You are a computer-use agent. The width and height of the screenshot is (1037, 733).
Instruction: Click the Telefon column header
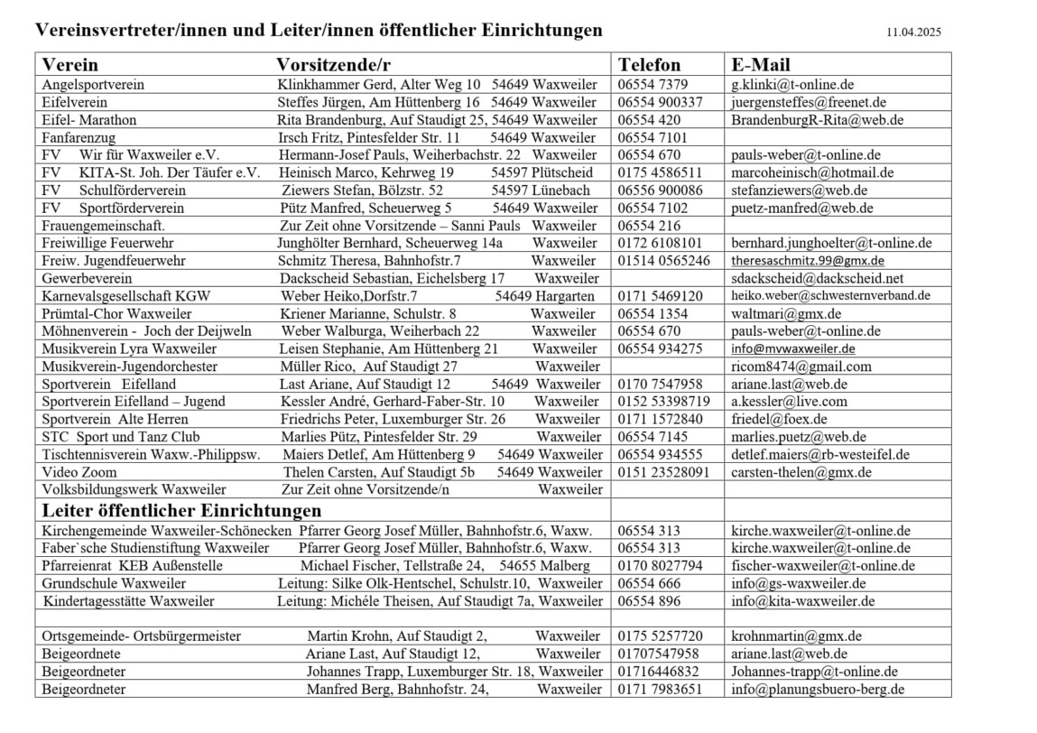pos(649,65)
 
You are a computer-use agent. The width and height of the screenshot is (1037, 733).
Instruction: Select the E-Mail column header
pos(760,65)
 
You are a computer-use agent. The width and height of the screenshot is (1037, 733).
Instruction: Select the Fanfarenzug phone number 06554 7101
pos(653,138)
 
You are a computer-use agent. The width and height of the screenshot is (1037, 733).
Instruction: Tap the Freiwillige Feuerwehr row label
pos(107,244)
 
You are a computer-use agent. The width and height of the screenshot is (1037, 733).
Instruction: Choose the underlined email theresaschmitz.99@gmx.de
pos(807,261)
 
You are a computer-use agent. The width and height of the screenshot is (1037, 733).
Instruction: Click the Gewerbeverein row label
pos(87,279)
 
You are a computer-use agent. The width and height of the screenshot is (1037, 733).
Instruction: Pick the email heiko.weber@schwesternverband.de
pos(830,296)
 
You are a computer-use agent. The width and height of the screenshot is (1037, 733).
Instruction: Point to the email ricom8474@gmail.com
pos(801,366)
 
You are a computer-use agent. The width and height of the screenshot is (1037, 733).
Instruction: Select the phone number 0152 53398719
pos(663,402)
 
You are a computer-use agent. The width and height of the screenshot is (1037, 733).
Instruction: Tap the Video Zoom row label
pos(79,472)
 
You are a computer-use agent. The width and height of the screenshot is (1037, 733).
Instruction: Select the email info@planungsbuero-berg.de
pos(817,691)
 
